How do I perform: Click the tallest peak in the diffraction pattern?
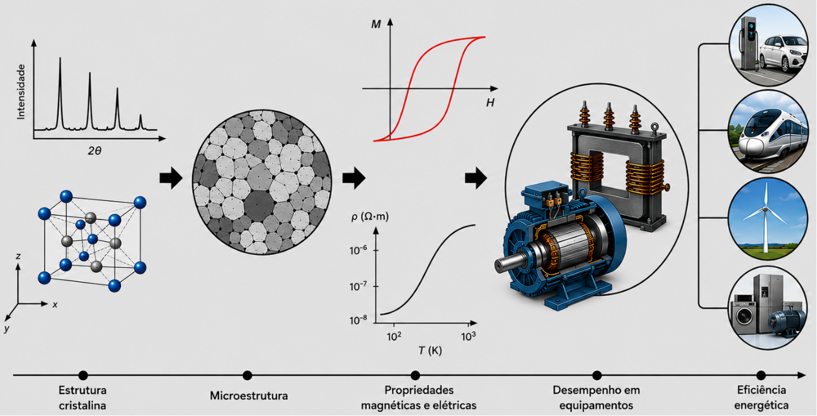pos(60,59)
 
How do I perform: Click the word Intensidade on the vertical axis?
pos(21,92)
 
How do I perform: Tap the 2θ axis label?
pos(94,150)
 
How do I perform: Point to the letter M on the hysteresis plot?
pos(376,25)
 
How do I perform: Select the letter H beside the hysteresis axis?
pos(490,103)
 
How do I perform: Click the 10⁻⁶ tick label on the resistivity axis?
pos(358,250)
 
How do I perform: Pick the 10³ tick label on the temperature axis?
pos(468,336)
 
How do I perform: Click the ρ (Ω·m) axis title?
pos(370,217)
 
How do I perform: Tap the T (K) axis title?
pos(430,351)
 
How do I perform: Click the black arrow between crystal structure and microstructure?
pos(171,178)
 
